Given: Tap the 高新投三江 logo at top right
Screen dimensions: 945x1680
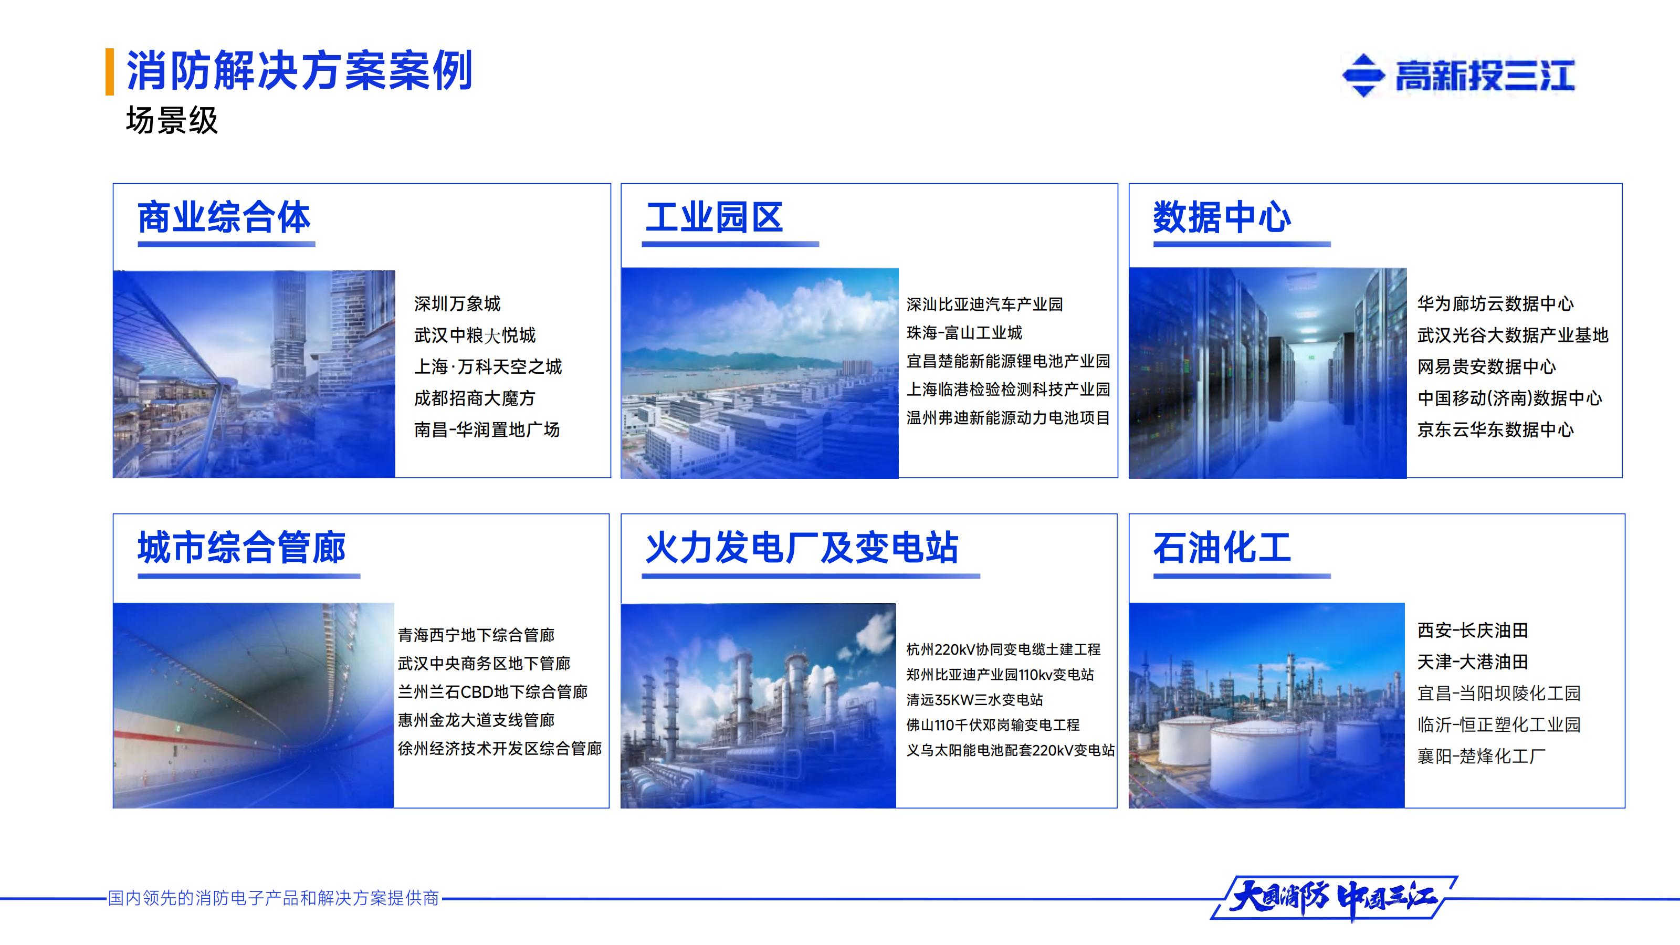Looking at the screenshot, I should [x=1458, y=75].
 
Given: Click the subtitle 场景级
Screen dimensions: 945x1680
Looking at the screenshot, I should [x=172, y=121].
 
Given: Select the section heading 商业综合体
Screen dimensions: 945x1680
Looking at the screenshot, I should [x=224, y=217].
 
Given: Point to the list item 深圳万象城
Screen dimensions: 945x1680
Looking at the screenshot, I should [x=457, y=304].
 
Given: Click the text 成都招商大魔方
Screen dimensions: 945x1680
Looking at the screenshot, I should [x=474, y=398].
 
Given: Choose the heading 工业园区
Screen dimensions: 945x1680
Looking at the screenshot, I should [x=714, y=217].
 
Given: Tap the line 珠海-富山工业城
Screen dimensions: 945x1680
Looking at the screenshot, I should [x=964, y=333].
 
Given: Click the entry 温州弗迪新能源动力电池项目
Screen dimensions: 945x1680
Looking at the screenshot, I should [x=1007, y=418].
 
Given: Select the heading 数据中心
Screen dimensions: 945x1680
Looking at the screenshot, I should [x=1222, y=217].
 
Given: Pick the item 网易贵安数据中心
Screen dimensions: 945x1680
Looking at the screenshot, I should [x=1486, y=367].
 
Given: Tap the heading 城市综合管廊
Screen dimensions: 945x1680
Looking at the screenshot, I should [x=241, y=548].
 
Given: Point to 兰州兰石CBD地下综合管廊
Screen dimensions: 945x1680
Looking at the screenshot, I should [x=492, y=692].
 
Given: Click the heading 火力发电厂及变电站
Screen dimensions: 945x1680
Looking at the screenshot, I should [x=802, y=548].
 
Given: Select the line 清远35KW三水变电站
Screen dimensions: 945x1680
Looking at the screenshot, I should [x=974, y=700].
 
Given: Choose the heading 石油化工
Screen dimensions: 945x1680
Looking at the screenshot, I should [x=1222, y=548].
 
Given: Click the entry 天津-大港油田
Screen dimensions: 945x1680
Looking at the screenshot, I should [x=1472, y=663].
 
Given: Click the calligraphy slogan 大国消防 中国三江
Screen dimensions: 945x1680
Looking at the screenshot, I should [x=1333, y=899].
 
